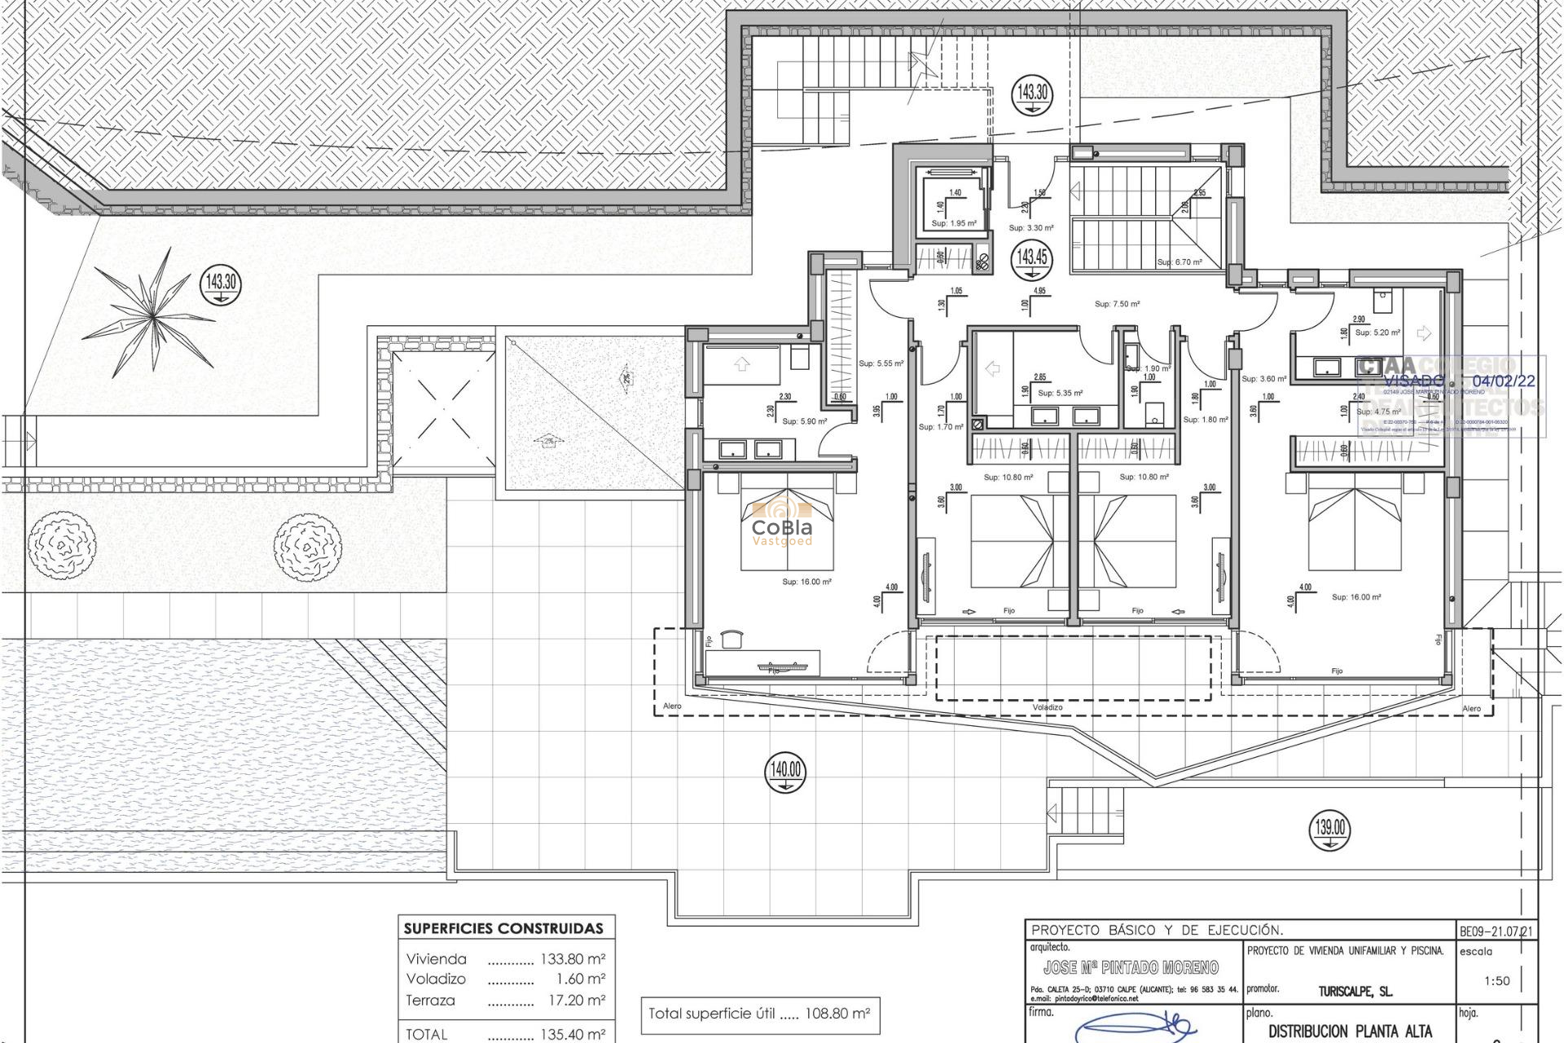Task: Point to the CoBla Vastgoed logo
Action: pyautogui.click(x=781, y=521)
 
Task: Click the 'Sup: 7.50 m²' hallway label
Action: pyautogui.click(x=1117, y=304)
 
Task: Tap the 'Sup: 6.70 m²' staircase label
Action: pyautogui.click(x=1180, y=262)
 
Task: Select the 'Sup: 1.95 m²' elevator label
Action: pyautogui.click(x=954, y=223)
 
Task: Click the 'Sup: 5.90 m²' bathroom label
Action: pyautogui.click(x=804, y=421)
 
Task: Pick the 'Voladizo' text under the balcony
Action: pyautogui.click(x=1048, y=707)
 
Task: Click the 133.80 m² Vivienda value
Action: pyautogui.click(x=573, y=959)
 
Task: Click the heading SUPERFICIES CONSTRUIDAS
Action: pyautogui.click(x=504, y=928)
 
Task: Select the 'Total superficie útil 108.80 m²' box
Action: pyautogui.click(x=759, y=1014)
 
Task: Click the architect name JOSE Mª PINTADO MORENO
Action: pyautogui.click(x=1131, y=968)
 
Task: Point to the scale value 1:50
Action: pyautogui.click(x=1496, y=980)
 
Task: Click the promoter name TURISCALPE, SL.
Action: pyautogui.click(x=1355, y=992)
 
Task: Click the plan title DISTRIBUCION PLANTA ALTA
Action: pyautogui.click(x=1351, y=1031)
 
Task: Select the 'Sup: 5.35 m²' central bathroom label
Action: pyautogui.click(x=1060, y=393)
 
